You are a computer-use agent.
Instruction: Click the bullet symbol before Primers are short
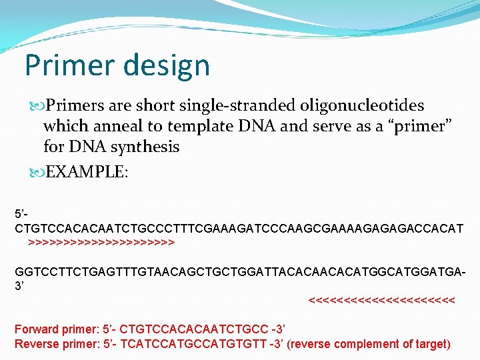click(x=36, y=105)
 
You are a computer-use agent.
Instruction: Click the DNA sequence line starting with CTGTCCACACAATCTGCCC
click(x=239, y=229)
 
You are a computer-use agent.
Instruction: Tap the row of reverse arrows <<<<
click(x=382, y=301)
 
